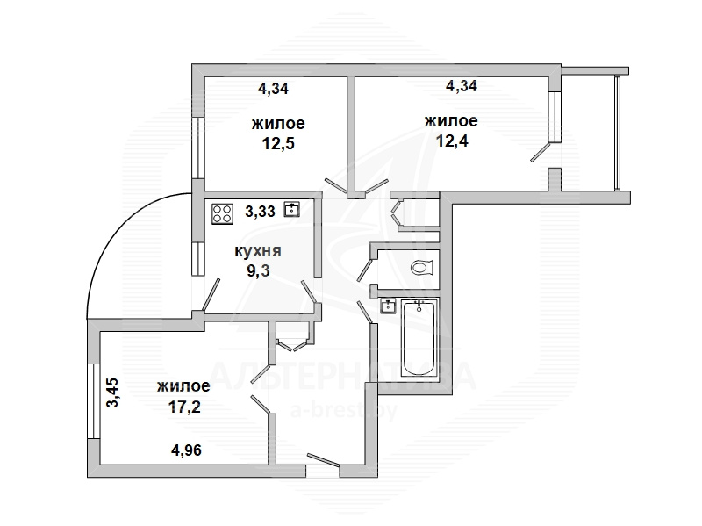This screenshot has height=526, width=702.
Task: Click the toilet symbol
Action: (423, 268)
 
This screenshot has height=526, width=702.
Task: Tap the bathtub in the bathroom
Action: (419, 338)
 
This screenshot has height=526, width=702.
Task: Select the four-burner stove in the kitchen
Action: (223, 213)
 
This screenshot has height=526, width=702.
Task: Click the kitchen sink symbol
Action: (292, 209)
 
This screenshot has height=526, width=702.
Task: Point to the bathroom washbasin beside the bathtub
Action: (388, 306)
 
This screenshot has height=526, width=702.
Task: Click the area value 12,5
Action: (278, 144)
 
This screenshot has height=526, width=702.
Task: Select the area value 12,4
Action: (452, 141)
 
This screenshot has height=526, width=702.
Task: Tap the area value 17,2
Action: (184, 407)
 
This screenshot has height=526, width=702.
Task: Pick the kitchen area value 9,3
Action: (259, 270)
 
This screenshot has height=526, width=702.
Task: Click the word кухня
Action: (258, 251)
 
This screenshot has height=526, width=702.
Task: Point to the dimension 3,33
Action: (260, 211)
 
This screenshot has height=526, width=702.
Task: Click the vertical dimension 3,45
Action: (112, 393)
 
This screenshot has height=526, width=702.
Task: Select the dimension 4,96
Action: (186, 450)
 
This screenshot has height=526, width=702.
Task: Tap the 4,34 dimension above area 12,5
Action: (274, 89)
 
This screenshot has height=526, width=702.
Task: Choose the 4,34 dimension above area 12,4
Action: (462, 85)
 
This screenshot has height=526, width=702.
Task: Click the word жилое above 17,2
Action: (183, 385)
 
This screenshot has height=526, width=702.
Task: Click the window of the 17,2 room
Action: (93, 401)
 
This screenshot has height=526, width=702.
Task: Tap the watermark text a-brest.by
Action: (344, 410)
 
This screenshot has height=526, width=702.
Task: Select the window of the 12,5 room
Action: (198, 148)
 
